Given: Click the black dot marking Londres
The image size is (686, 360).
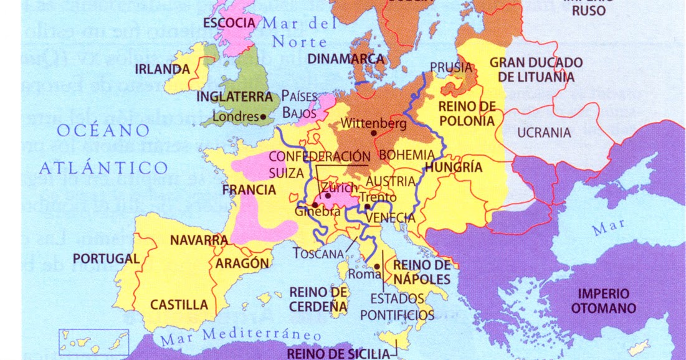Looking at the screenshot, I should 264,116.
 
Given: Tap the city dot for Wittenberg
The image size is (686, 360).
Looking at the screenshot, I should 373,133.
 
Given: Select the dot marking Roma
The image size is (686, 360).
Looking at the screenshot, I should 377,266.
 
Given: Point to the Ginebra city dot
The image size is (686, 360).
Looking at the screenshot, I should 315,204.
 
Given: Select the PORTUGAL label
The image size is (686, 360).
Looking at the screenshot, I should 106,258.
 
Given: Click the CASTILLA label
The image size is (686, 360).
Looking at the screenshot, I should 179,305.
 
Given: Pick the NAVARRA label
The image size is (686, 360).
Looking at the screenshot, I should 199,240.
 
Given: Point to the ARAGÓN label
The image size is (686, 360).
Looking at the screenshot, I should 242,263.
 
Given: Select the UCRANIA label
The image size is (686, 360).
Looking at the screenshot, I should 544,133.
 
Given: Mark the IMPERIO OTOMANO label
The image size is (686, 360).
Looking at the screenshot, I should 606,301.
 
